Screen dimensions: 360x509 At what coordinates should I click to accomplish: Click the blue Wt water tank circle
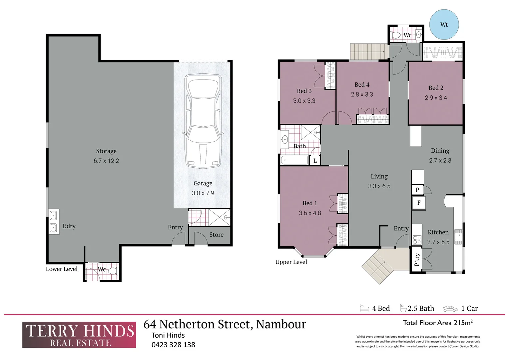point(444,24)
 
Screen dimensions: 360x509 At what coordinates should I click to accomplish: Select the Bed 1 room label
point(309,203)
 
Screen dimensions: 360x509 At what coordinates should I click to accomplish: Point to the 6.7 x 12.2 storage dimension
point(106,161)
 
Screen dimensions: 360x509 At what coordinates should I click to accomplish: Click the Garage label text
point(203,183)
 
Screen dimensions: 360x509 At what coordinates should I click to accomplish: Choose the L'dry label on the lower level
point(69,226)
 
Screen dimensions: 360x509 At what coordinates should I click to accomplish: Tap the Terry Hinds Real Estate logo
point(79,335)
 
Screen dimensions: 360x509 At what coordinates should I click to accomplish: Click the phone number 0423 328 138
point(173,345)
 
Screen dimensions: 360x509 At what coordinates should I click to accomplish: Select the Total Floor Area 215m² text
point(438,323)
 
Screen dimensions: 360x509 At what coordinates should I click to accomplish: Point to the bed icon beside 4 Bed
point(364,308)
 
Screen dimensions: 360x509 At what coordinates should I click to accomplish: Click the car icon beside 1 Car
point(450,309)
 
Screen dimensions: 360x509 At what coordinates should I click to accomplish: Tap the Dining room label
point(440,151)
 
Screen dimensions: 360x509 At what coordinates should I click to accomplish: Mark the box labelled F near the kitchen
point(419,203)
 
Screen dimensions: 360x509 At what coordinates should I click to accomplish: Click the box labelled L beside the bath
point(315,161)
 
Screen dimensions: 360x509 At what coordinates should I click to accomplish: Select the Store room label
point(216,235)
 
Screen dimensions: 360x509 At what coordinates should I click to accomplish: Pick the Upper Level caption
point(291,262)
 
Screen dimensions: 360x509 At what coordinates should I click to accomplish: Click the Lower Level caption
point(62,269)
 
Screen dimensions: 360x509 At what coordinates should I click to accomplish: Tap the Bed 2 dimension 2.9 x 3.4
point(436,98)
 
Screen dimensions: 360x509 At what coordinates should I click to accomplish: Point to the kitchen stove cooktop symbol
point(417,239)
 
